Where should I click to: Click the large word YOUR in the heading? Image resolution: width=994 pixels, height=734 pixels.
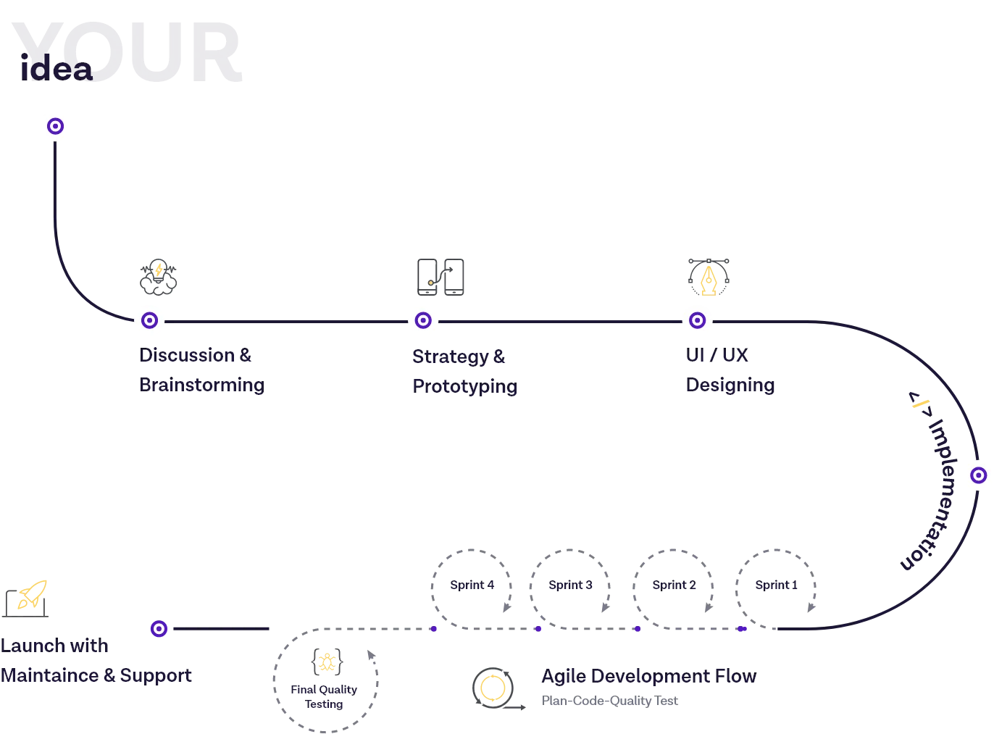pyautogui.click(x=127, y=52)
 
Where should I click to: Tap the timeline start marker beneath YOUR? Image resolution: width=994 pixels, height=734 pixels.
pyautogui.click(x=55, y=127)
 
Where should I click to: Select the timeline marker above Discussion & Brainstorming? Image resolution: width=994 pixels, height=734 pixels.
pyautogui.click(x=150, y=320)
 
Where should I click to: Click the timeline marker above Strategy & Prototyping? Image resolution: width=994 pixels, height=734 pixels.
pyautogui.click(x=423, y=320)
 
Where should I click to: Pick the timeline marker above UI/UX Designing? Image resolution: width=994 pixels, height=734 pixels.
pyautogui.click(x=696, y=320)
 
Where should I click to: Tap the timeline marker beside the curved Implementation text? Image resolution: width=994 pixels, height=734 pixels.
pyautogui.click(x=978, y=475)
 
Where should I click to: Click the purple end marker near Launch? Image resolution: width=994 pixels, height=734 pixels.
pyautogui.click(x=159, y=629)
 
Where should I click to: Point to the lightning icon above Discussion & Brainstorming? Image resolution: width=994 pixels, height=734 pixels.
pyautogui.click(x=159, y=275)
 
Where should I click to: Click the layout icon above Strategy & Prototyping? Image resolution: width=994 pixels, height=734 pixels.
pyautogui.click(x=443, y=275)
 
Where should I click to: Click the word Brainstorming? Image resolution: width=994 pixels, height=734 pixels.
pyautogui.click(x=203, y=385)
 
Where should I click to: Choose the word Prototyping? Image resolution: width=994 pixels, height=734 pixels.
pyautogui.click(x=466, y=386)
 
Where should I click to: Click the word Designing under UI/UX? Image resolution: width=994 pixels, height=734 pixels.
pyautogui.click(x=730, y=385)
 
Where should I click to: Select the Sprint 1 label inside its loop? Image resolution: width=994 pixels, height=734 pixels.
pyautogui.click(x=777, y=585)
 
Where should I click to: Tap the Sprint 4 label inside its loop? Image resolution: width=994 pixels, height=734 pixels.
pyautogui.click(x=472, y=585)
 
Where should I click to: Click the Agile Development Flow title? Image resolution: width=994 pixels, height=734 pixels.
pyautogui.click(x=648, y=677)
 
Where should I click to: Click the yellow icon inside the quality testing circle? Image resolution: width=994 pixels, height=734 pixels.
pyautogui.click(x=327, y=662)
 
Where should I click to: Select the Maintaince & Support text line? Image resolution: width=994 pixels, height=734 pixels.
pyautogui.click(x=98, y=676)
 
